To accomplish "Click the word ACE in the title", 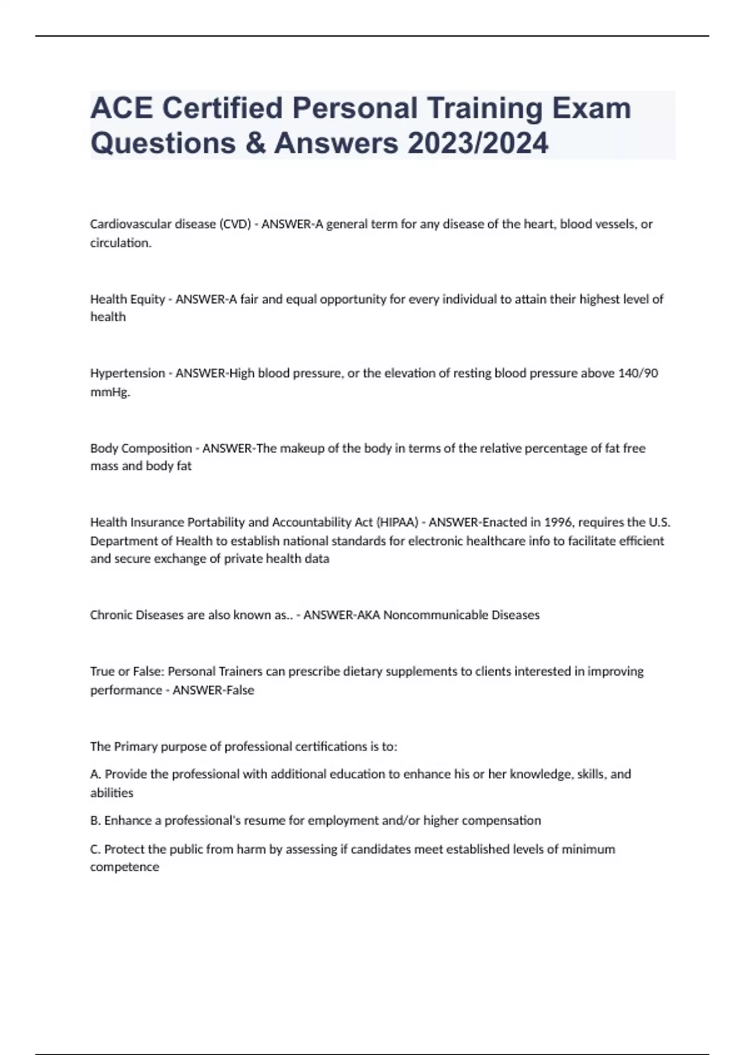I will click(x=121, y=109).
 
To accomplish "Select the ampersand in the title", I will click(x=255, y=143).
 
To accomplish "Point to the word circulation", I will click(x=120, y=243).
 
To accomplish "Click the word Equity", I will click(x=147, y=299).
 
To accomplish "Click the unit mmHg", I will click(x=109, y=392).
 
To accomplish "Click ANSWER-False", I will click(x=213, y=690).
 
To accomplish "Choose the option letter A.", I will click(x=95, y=774).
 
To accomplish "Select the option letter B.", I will click(x=95, y=820).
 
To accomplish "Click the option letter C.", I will click(x=95, y=849).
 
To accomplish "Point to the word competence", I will click(x=124, y=867).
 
